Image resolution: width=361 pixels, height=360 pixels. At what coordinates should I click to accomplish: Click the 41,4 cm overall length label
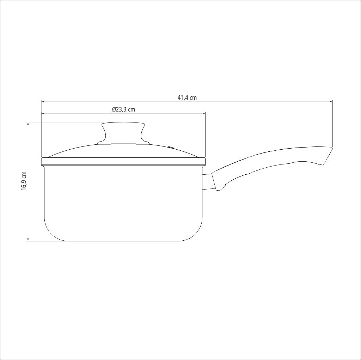(x=187, y=98)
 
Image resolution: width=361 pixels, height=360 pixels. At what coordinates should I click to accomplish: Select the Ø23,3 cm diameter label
(x=123, y=109)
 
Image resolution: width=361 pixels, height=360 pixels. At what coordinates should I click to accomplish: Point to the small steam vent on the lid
(x=171, y=148)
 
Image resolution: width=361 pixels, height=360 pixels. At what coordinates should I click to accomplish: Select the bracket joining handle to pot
(x=207, y=182)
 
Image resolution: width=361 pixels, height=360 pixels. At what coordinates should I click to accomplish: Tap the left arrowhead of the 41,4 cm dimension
(x=43, y=102)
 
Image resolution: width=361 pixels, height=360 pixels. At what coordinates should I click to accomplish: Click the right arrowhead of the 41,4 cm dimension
(x=331, y=102)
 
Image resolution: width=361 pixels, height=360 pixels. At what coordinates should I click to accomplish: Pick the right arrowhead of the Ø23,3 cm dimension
(x=203, y=114)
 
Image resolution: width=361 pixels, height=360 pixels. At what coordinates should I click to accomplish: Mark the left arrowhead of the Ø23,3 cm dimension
(x=43, y=114)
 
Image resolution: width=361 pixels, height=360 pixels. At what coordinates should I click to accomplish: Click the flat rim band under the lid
(x=123, y=161)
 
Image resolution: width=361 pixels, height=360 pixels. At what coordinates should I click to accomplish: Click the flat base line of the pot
(x=123, y=241)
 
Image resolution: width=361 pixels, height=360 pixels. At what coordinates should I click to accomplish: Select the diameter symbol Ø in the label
(x=114, y=109)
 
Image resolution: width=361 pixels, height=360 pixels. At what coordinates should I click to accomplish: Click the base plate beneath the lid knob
(x=123, y=144)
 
